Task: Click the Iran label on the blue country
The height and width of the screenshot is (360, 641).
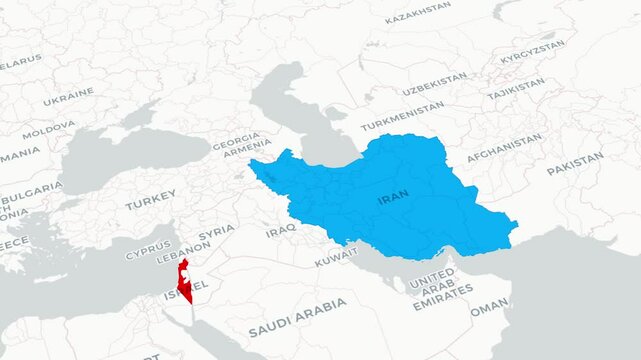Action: (x=393, y=200)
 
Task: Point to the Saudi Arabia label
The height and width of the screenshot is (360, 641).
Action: (x=297, y=316)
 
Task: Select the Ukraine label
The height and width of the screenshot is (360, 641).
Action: (x=68, y=97)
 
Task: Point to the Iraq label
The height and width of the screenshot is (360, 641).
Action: (x=281, y=231)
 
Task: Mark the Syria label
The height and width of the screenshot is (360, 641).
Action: (x=216, y=233)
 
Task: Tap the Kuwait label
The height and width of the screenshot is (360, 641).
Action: (x=335, y=258)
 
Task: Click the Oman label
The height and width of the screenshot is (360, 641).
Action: (x=489, y=309)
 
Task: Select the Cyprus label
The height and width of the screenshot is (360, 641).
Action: (x=147, y=249)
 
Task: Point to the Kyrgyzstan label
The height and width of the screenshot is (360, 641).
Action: (x=532, y=52)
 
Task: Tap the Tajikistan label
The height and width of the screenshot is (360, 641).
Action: (x=516, y=89)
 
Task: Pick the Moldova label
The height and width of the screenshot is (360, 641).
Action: (x=48, y=131)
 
